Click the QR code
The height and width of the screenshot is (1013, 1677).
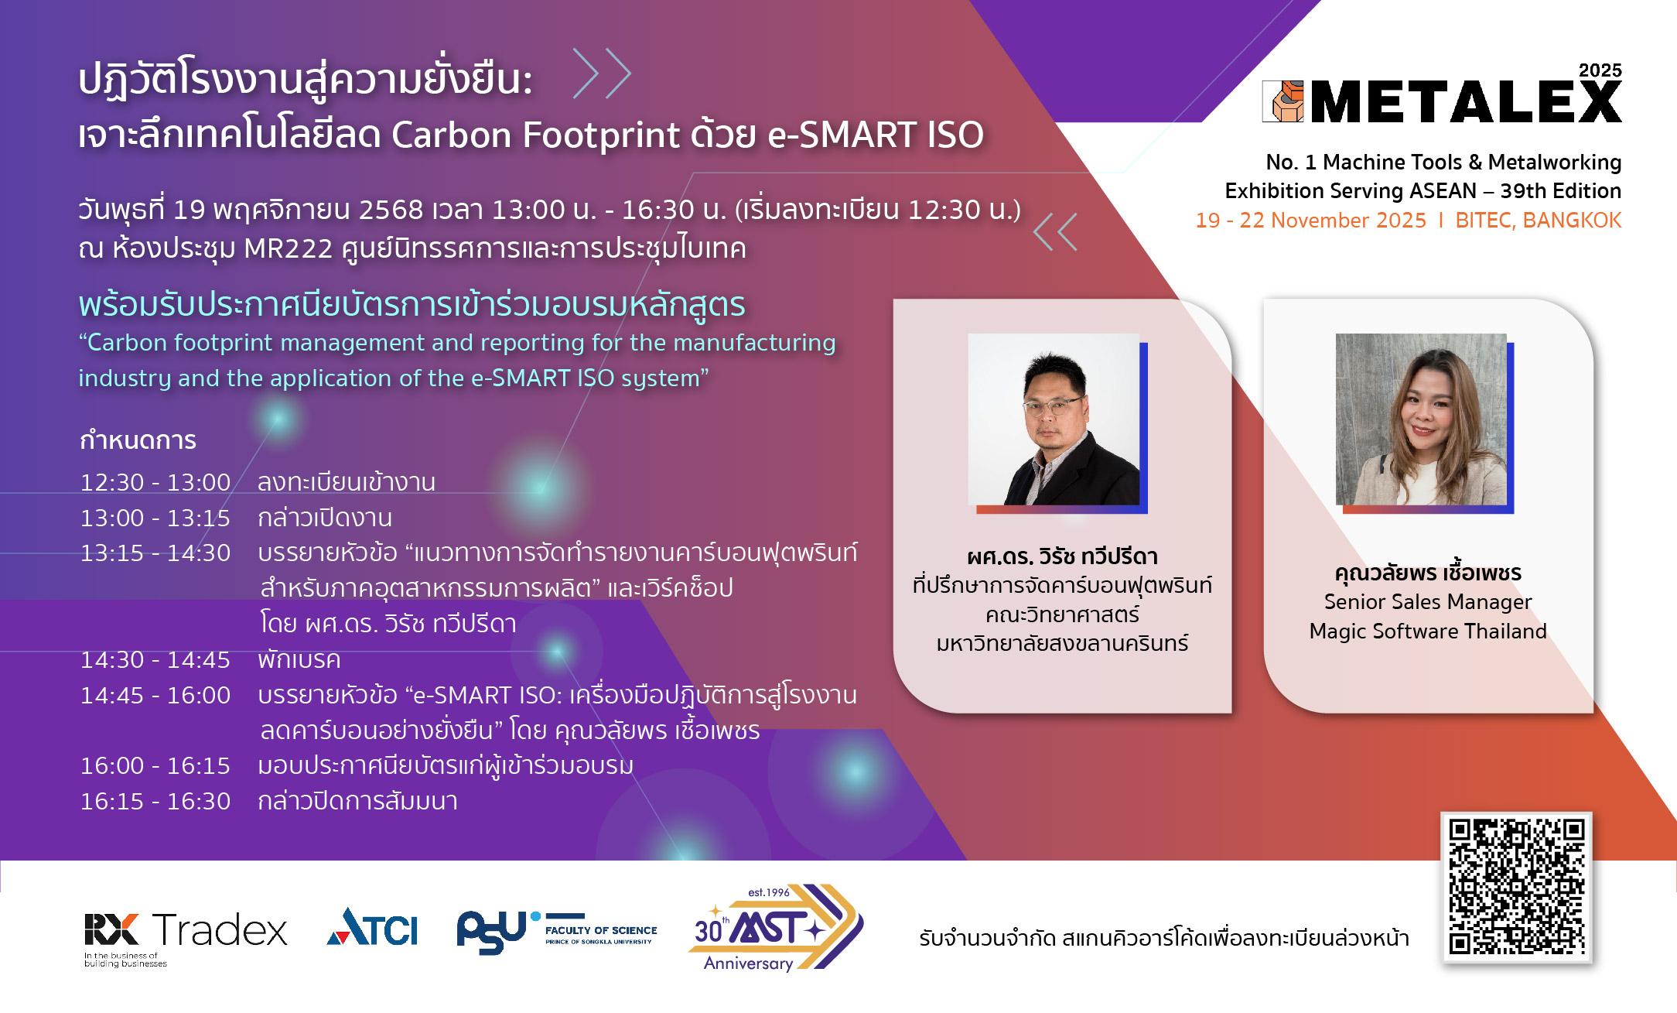pyautogui.click(x=1516, y=887)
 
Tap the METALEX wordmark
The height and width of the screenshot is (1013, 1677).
pyautogui.click(x=1466, y=101)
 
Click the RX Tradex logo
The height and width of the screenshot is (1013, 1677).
pyautogui.click(x=186, y=937)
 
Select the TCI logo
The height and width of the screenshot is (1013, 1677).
pyautogui.click(x=372, y=926)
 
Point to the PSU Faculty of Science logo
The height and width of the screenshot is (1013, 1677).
pyautogui.click(x=557, y=931)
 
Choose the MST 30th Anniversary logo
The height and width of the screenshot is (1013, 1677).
pyautogui.click(x=776, y=927)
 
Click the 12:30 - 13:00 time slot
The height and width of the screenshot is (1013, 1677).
pyautogui.click(x=155, y=482)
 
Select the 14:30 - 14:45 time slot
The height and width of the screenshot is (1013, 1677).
pyautogui.click(x=155, y=659)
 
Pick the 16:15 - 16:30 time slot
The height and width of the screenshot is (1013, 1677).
pyautogui.click(x=155, y=801)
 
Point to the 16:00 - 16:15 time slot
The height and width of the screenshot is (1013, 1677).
pyautogui.click(x=155, y=765)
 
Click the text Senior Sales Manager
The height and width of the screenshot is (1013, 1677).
pyautogui.click(x=1428, y=602)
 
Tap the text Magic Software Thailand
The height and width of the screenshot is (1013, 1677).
pyautogui.click(x=1428, y=631)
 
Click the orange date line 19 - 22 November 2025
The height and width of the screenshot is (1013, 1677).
pyautogui.click(x=1310, y=221)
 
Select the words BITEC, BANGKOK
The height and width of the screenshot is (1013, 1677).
pyautogui.click(x=1538, y=221)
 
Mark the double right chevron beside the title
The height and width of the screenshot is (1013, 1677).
pyautogui.click(x=602, y=74)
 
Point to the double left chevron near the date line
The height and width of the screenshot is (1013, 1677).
pyautogui.click(x=1055, y=231)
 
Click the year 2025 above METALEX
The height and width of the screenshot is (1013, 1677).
pyautogui.click(x=1600, y=70)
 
